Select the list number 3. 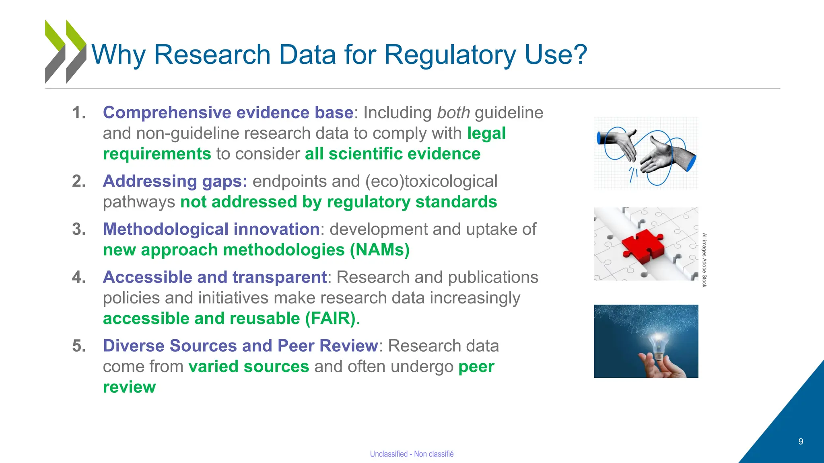79,229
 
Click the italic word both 453,113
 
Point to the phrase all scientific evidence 392,154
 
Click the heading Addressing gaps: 175,181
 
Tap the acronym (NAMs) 379,250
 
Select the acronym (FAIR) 330,318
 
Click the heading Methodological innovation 211,229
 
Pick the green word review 129,387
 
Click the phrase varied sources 249,367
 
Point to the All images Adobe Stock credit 704,260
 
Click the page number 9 801,442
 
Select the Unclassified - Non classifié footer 412,454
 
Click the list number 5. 79,346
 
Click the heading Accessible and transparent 215,277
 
